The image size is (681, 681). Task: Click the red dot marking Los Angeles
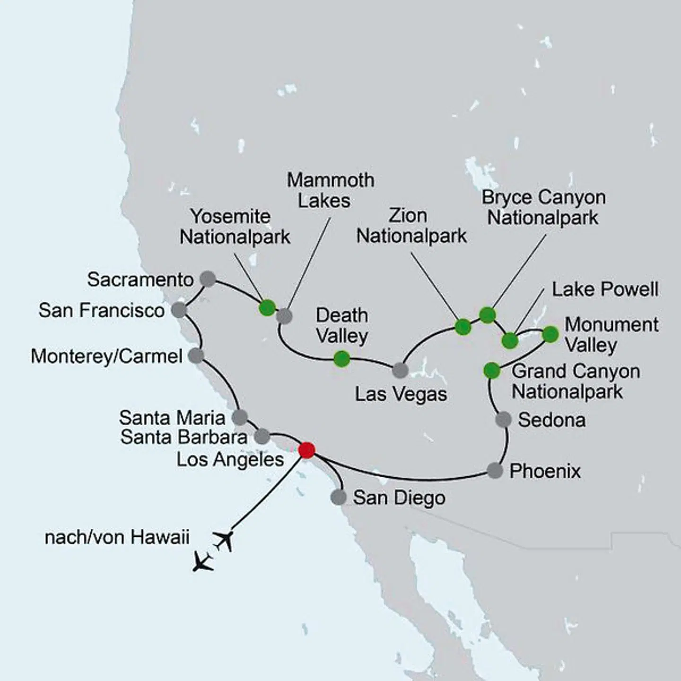point(307,450)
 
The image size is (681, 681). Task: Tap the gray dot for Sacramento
point(208,279)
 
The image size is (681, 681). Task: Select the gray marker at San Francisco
point(179,310)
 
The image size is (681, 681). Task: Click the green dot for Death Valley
point(341,359)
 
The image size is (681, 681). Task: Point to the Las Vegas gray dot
point(400,370)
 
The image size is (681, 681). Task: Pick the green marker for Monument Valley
point(550,334)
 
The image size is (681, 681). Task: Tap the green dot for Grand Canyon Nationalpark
point(492,370)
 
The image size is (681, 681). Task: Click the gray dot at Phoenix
point(495,471)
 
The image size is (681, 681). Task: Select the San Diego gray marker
point(338,497)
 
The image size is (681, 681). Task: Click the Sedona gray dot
point(503,419)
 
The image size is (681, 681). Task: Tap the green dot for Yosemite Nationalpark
point(267,308)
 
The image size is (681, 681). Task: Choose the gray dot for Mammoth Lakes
point(284,316)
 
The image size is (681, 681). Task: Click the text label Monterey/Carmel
point(106,356)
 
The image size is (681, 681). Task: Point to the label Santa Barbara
point(183,437)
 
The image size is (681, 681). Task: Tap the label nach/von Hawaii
point(117,537)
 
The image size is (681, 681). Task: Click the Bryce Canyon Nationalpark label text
point(543,208)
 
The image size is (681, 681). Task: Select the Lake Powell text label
point(605,289)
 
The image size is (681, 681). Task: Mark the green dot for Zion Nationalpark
point(463,327)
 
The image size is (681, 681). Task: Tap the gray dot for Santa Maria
point(240,417)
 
